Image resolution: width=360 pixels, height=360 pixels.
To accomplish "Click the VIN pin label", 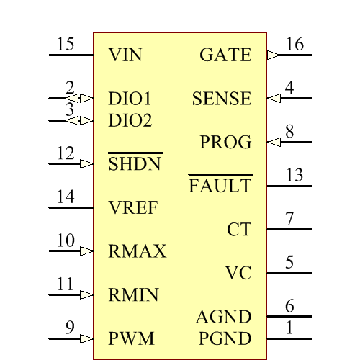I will (x=125, y=55).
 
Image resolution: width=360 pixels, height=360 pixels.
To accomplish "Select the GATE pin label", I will (x=225, y=55).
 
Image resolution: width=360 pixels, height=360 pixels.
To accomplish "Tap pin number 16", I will (x=294, y=45).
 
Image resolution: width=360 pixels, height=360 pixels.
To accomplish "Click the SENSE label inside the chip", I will (x=222, y=99).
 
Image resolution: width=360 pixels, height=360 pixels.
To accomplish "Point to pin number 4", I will (x=289, y=88).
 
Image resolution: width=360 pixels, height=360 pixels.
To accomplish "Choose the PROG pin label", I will (x=225, y=143).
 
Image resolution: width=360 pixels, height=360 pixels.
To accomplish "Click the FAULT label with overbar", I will (x=220, y=186).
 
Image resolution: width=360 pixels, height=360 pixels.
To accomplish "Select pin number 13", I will (x=294, y=176).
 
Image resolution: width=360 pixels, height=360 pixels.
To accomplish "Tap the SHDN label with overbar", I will (x=135, y=164).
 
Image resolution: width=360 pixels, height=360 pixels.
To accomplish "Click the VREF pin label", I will (x=133, y=208).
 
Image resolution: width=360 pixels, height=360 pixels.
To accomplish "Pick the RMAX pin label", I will (x=138, y=251).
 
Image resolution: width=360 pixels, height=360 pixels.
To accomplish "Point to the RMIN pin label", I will (x=134, y=295).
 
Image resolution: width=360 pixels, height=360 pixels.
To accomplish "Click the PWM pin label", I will (x=130, y=338).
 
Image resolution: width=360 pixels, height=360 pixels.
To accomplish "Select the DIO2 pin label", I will (x=130, y=120).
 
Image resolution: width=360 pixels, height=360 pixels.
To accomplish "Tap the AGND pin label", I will (x=224, y=317).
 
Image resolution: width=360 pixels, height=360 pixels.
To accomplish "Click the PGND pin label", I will (x=225, y=338).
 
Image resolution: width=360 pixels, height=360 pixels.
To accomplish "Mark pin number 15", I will (x=66, y=45).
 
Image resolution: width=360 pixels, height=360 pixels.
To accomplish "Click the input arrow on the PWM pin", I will (x=87, y=338).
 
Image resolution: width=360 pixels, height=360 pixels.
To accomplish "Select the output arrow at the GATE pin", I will (x=272, y=55).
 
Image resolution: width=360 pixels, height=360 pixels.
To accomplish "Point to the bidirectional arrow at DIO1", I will (x=86, y=98).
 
